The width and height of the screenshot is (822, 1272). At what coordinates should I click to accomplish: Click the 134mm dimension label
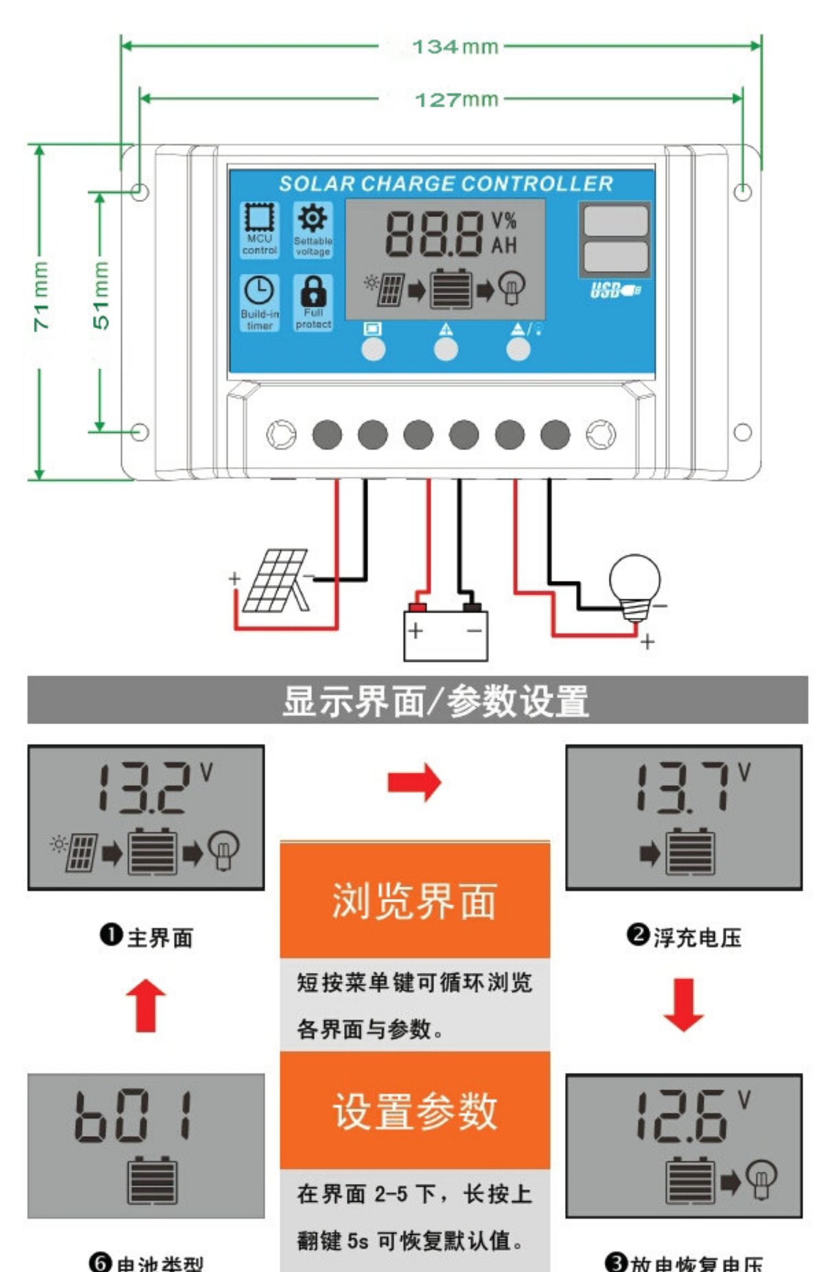(x=455, y=47)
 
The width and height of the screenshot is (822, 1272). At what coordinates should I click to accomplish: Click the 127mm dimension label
(x=456, y=100)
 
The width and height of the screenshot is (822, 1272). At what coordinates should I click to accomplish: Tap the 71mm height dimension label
(x=41, y=295)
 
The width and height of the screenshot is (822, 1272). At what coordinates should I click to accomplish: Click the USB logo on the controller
(x=614, y=290)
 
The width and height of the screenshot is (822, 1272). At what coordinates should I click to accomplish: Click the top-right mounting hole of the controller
(x=742, y=192)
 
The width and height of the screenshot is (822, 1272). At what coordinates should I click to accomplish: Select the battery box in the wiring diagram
(x=446, y=635)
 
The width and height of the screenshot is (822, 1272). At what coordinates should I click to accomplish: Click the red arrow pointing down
(x=683, y=1005)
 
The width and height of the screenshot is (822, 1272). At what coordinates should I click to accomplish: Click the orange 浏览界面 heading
(x=414, y=901)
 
